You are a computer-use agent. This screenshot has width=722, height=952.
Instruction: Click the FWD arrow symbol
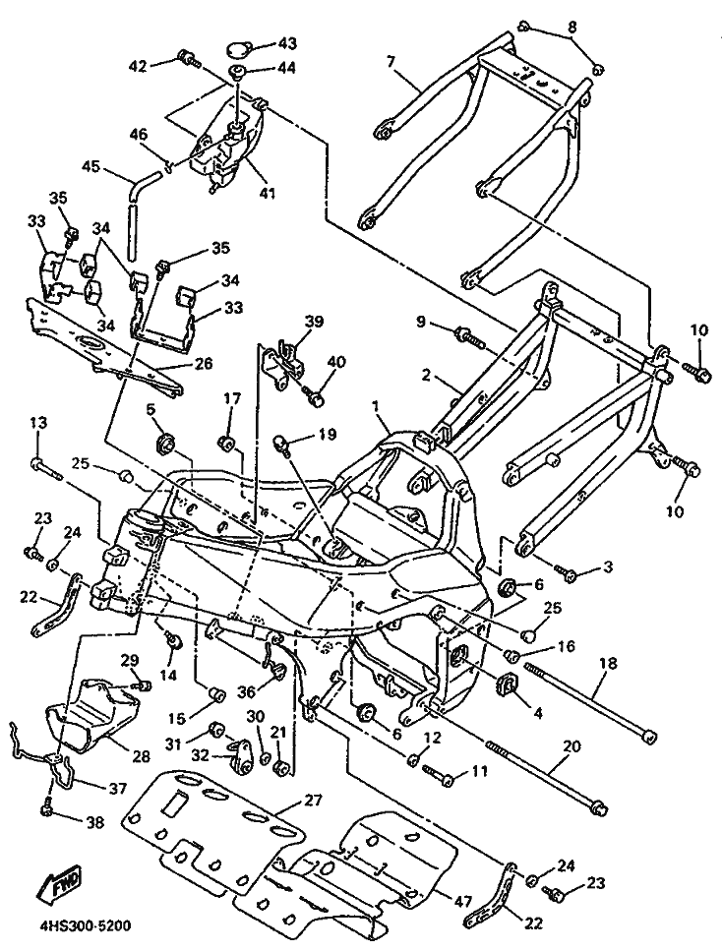pos(62,884)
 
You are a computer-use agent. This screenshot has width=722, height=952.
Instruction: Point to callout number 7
pos(391,63)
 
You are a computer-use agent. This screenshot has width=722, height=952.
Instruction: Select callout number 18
pos(608,664)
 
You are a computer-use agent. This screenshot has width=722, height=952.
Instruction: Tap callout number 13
pos(37,423)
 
